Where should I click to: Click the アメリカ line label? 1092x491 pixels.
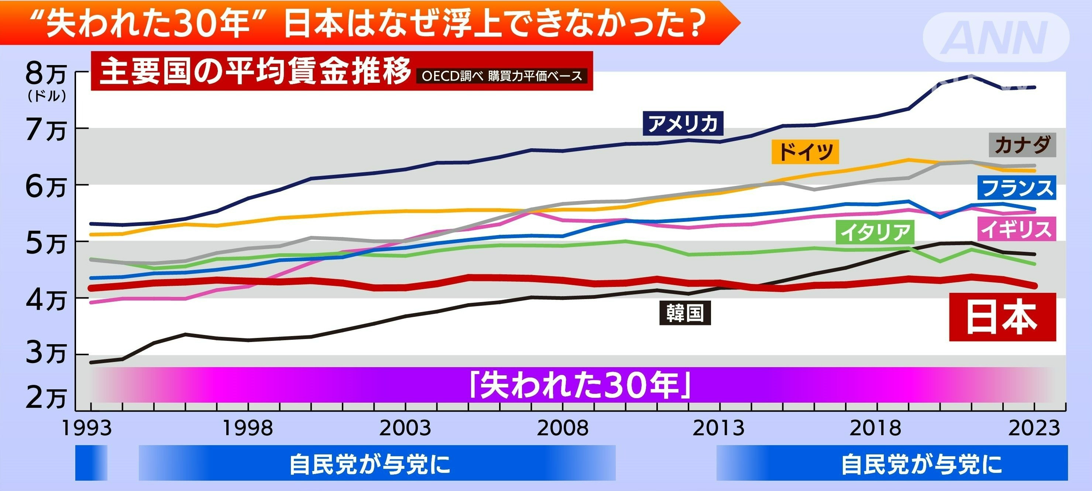pos(683,123)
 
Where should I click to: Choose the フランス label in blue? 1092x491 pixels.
pos(1017,187)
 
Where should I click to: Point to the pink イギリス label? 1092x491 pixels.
pos(1016,229)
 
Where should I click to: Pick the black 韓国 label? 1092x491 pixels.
pos(684,313)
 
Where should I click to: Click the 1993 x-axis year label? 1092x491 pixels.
pos(87,428)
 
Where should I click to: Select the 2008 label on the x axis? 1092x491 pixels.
pos(563,428)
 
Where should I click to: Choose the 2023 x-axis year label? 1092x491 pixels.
pos(1034,428)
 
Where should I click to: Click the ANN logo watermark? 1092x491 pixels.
pos(996,37)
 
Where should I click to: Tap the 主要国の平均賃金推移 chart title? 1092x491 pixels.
pos(255,71)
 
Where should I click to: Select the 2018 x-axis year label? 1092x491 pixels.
pos(875,428)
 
